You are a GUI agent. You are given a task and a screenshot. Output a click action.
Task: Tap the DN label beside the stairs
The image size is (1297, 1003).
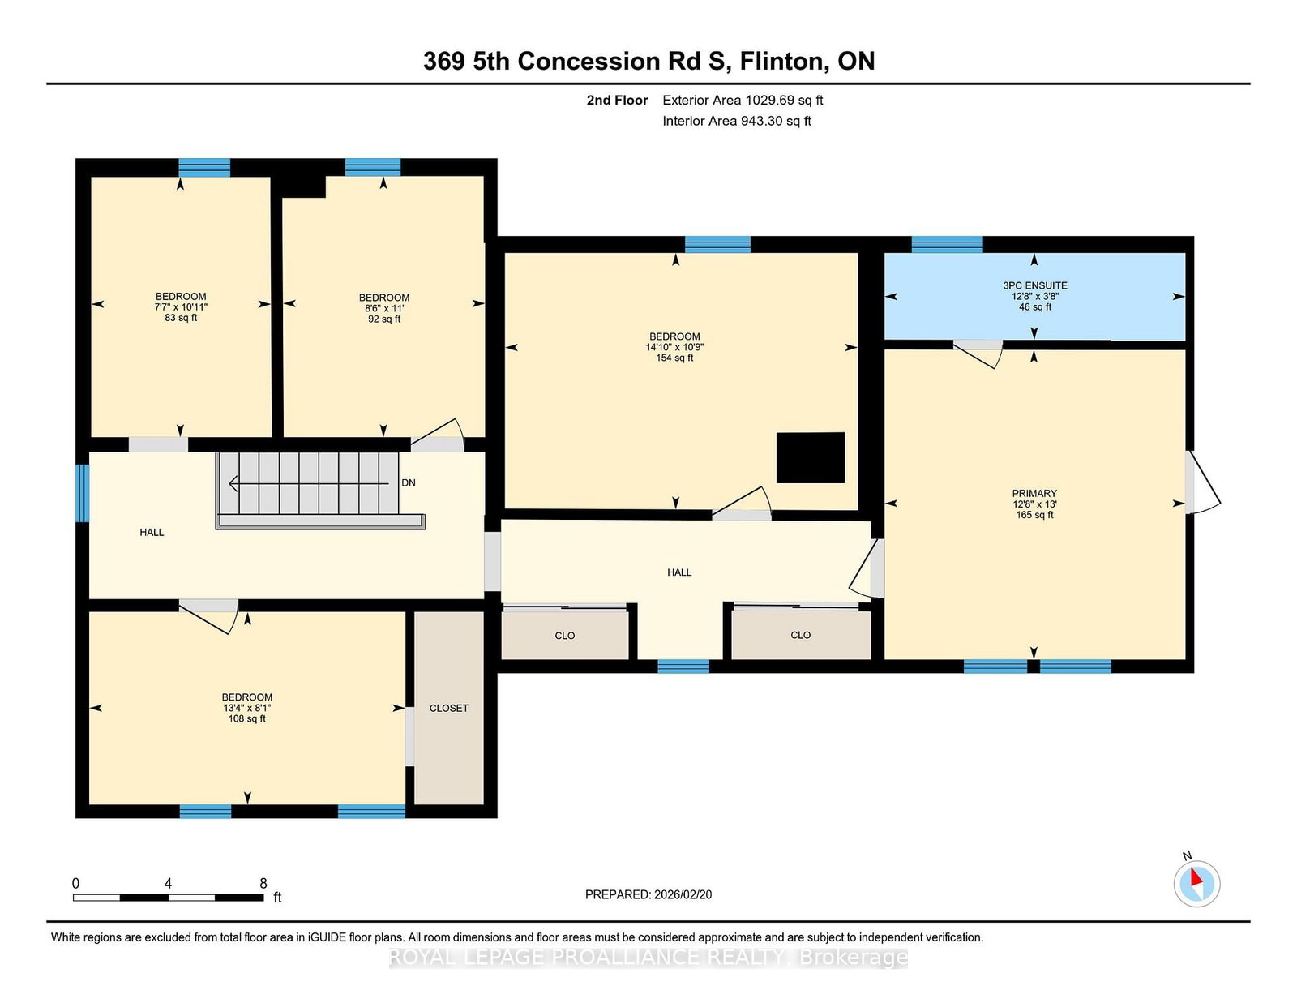coord(409,482)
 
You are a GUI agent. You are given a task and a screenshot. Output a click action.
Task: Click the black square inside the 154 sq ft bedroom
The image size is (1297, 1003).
coord(810,457)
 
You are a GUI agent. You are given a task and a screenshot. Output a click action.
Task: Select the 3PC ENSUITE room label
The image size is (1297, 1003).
coord(1035,285)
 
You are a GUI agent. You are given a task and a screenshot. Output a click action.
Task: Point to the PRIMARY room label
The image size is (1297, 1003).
coord(1034,493)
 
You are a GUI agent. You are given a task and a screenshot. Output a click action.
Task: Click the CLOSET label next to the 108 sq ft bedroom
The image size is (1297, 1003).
coord(449,708)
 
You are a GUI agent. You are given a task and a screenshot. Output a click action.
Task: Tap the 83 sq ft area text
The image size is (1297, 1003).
coord(181,318)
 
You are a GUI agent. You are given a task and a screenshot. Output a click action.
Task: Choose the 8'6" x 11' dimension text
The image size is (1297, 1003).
coord(384,308)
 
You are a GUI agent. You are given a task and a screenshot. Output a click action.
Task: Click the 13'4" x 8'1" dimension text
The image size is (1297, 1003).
coord(247,708)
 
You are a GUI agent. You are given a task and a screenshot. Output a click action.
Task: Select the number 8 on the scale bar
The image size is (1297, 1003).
coord(263,883)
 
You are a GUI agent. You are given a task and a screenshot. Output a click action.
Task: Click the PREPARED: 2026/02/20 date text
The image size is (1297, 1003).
coord(648,894)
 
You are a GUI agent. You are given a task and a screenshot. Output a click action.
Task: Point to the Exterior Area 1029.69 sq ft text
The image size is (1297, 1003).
coord(743,101)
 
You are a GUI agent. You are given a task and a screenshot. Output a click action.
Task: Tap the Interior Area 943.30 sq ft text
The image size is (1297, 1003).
coord(737,121)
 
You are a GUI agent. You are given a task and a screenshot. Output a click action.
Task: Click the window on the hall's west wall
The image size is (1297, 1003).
coord(83,493)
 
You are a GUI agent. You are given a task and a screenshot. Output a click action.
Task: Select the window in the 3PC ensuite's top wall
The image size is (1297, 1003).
coord(948,245)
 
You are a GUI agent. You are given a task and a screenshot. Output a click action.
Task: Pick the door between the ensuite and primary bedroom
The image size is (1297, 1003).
coord(978,354)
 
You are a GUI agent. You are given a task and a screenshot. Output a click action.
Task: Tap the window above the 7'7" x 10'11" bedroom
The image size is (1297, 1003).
coord(205,168)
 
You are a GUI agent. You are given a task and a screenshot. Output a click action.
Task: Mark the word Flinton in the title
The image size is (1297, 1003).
coord(785,62)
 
